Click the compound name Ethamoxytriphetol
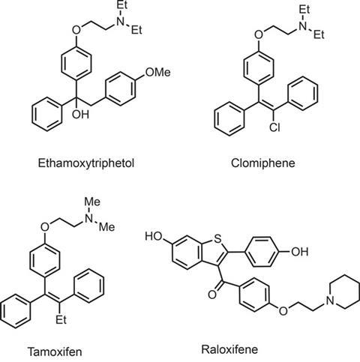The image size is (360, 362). (86, 163)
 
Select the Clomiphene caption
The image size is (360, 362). (262, 163)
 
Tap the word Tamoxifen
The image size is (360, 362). (55, 352)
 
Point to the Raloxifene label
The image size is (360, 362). (229, 349)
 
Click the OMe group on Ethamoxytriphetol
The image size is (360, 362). (157, 73)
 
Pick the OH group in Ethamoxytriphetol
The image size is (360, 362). (80, 114)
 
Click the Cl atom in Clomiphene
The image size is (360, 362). (274, 127)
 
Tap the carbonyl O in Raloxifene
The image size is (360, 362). (212, 295)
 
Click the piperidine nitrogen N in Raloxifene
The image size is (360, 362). (331, 301)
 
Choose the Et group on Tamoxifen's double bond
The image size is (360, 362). (61, 319)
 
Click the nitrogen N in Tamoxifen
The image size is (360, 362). (89, 218)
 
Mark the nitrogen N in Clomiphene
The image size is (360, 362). (303, 25)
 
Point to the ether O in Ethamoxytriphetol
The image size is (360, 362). (76, 30)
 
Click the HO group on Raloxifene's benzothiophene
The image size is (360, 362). (154, 236)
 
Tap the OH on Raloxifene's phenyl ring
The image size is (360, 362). (300, 251)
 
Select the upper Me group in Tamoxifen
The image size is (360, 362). (92, 202)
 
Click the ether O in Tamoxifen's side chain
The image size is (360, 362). (45, 227)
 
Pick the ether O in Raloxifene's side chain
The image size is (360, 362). (283, 311)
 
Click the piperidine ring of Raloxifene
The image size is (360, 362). (345, 275)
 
